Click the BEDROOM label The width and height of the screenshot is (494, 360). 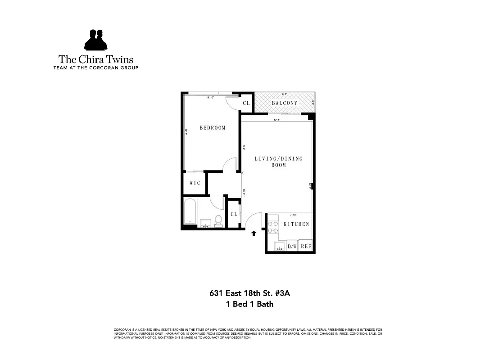pyautogui.click(x=212, y=128)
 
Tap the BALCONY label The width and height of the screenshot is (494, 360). pyautogui.click(x=285, y=103)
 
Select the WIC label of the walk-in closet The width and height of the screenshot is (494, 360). pyautogui.click(x=195, y=183)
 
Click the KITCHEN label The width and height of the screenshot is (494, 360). pyautogui.click(x=296, y=224)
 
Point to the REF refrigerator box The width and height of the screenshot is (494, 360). pyautogui.click(x=306, y=246)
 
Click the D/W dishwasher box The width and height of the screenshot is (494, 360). pyautogui.click(x=292, y=246)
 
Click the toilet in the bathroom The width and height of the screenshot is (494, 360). pyautogui.click(x=218, y=220)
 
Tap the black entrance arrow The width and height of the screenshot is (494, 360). pyautogui.click(x=254, y=233)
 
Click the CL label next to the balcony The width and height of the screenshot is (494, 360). pyautogui.click(x=246, y=103)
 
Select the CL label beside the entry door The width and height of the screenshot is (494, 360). pyautogui.click(x=234, y=214)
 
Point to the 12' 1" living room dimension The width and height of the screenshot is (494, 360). pyautogui.click(x=277, y=120)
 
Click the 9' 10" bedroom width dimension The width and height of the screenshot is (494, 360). pyautogui.click(x=211, y=97)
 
